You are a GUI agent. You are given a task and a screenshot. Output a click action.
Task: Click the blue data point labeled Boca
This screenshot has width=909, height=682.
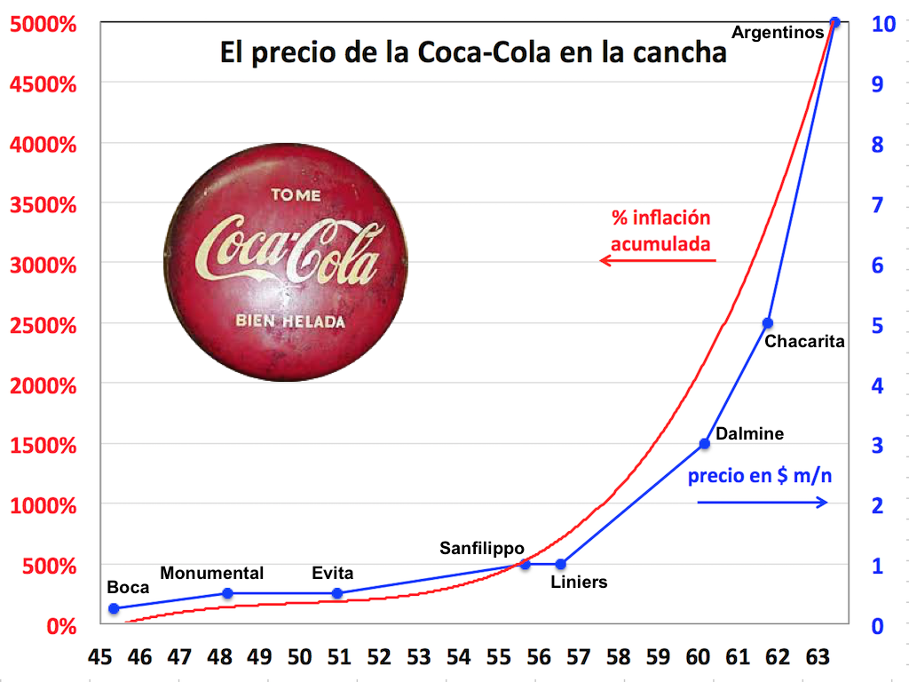pyautogui.click(x=114, y=608)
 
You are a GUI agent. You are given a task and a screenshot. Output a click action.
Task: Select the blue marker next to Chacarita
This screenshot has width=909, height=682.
pyautogui.click(x=768, y=323)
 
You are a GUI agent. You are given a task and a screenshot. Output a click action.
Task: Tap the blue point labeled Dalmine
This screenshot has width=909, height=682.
pyautogui.click(x=705, y=443)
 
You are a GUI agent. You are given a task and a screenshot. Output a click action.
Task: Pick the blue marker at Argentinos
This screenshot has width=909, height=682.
pyautogui.click(x=834, y=22)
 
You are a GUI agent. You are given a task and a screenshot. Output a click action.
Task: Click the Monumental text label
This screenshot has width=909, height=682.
pyautogui.click(x=212, y=573)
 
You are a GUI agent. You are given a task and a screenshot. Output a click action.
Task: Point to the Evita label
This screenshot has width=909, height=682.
pyautogui.click(x=333, y=573)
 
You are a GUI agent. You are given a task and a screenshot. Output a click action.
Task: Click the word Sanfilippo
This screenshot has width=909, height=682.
pyautogui.click(x=483, y=548)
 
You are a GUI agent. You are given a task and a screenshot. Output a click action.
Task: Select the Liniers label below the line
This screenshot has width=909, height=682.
pyautogui.click(x=579, y=583)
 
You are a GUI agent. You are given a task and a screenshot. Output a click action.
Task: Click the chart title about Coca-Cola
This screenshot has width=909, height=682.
pyautogui.click(x=473, y=52)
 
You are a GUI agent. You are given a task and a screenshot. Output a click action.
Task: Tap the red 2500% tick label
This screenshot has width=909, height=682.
pyautogui.click(x=43, y=325)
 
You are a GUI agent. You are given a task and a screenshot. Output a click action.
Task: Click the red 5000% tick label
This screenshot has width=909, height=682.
pyautogui.click(x=43, y=24)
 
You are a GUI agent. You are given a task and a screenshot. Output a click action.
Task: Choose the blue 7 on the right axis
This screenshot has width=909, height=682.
pyautogui.click(x=877, y=205)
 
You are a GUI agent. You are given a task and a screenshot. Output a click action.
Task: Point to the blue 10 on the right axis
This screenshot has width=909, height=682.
pyautogui.click(x=882, y=24)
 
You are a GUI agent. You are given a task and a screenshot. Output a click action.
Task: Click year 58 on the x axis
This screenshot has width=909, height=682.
pyautogui.click(x=618, y=658)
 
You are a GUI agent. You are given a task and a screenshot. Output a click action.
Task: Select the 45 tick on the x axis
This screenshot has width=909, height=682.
pyautogui.click(x=100, y=658)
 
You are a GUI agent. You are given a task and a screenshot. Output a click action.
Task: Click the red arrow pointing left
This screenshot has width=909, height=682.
pyautogui.click(x=657, y=260)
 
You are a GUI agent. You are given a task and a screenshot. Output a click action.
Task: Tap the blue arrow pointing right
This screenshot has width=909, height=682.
pyautogui.click(x=763, y=503)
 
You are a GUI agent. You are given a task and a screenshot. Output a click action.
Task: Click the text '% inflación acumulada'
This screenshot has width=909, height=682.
pyautogui.click(x=661, y=231)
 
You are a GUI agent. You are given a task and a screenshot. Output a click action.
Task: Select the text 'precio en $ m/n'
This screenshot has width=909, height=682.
pyautogui.click(x=761, y=475)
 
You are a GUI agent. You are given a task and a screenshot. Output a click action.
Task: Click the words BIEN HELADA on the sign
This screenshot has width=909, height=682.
pyautogui.click(x=289, y=321)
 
